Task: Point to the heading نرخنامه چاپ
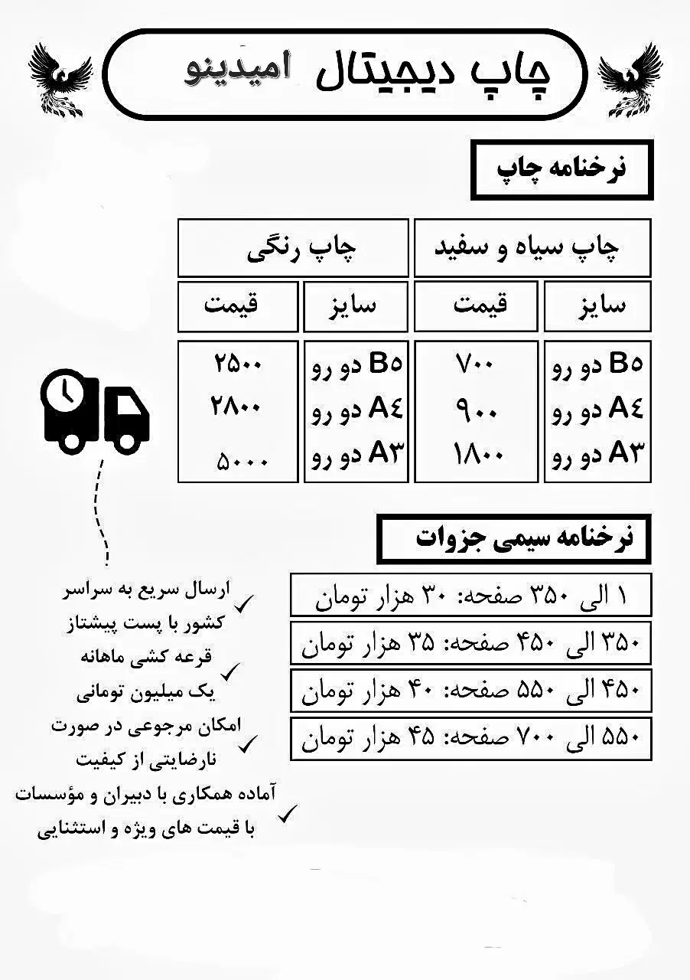pos(562,168)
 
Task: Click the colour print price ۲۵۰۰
pos(238,364)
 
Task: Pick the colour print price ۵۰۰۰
pos(242,461)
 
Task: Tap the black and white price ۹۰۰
pos(476,412)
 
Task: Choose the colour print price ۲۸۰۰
pos(238,407)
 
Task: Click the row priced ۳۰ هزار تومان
pos(470,595)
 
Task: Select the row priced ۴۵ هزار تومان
pos(470,738)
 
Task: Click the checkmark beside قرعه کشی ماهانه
pos(229,671)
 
